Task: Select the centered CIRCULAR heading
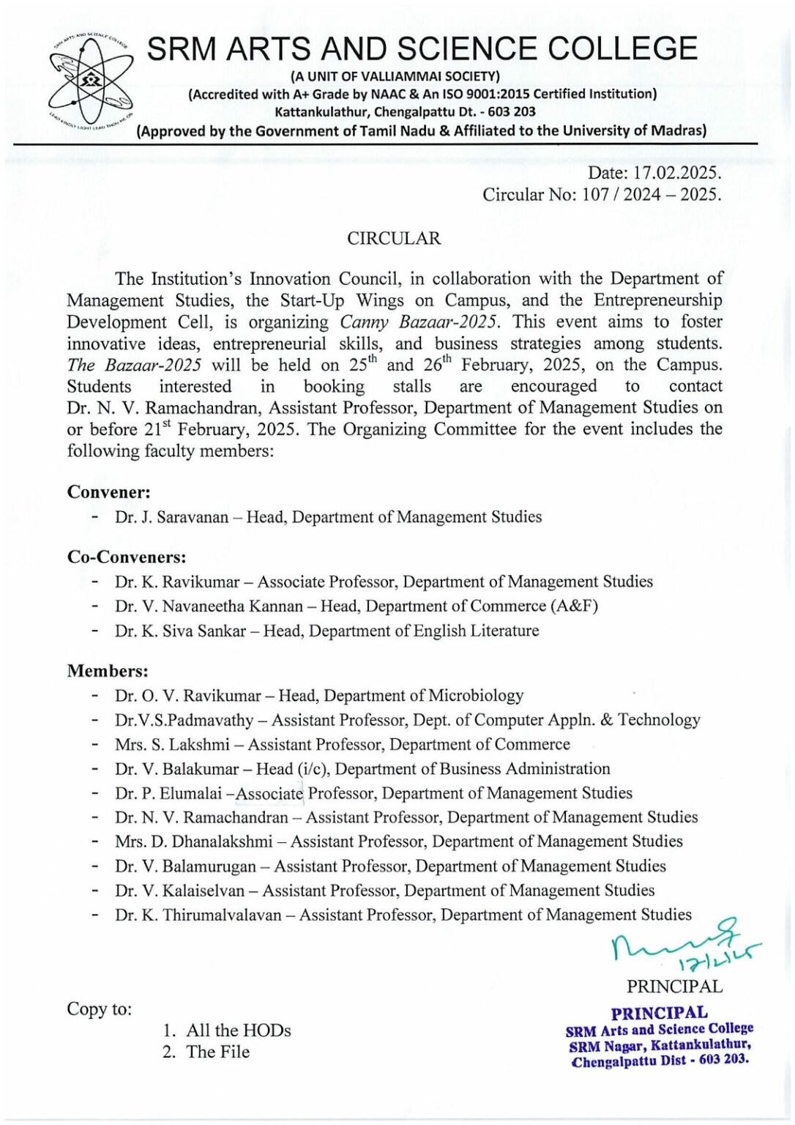tap(394, 239)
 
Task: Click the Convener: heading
tap(108, 492)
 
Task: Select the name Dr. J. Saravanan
tap(171, 517)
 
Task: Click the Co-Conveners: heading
tap(127, 557)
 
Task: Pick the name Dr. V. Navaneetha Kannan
tap(209, 606)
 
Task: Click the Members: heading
tap(108, 671)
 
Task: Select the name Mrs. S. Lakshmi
tap(172, 744)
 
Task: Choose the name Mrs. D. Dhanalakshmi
tap(193, 842)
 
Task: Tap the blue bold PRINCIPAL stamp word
tap(660, 1013)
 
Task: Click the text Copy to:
tap(100, 1009)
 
